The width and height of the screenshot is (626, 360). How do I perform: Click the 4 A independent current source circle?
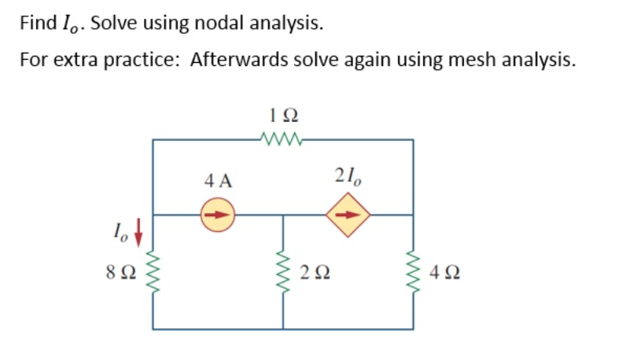(x=218, y=214)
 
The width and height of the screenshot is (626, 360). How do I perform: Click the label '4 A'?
(x=218, y=181)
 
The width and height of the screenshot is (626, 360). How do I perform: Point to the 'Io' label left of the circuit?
(x=122, y=231)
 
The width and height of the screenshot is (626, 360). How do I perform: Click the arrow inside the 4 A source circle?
(x=219, y=214)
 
